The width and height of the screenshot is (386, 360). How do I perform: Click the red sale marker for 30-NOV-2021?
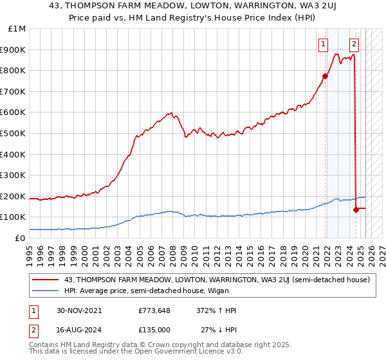pos(325,76)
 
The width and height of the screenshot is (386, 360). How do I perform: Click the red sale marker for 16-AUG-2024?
pos(356,210)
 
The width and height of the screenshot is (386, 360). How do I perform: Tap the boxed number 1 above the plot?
pos(322,44)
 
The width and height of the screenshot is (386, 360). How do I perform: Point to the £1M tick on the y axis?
pos(17,29)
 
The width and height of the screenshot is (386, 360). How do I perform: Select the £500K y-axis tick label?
pos(14,134)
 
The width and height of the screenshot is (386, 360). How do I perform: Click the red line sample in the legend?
pos(46,280)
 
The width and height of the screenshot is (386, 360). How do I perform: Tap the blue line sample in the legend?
pos(46,291)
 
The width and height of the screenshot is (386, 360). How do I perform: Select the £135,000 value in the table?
pos(154,329)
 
